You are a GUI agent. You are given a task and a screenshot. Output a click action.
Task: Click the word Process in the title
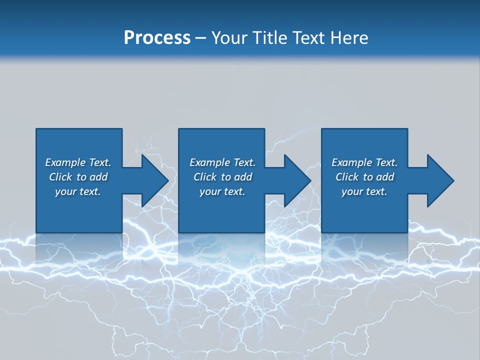click(157, 38)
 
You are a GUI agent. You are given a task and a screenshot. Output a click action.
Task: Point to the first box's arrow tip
click(168, 180)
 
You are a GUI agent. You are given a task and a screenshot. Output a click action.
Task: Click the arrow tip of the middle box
click(310, 180)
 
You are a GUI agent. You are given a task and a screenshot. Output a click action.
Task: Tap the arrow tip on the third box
click(453, 180)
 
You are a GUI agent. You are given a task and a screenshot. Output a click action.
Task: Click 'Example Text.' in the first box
click(78, 162)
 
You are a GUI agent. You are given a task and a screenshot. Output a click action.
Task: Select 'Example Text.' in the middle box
click(222, 162)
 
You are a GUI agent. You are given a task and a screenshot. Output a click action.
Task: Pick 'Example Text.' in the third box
click(364, 162)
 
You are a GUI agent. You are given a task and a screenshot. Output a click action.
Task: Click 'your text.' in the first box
click(78, 191)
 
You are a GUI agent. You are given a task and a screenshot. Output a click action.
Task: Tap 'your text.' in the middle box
click(222, 191)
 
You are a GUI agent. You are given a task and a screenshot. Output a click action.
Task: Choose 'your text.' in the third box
click(364, 191)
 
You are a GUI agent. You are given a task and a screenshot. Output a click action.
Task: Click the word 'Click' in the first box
click(60, 177)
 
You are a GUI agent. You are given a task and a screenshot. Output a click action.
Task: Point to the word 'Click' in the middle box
click(205, 177)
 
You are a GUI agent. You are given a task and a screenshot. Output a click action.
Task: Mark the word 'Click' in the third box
click(347, 177)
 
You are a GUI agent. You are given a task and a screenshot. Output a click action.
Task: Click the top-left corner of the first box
click(36, 129)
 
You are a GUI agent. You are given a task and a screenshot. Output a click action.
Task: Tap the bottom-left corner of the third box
click(322, 232)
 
